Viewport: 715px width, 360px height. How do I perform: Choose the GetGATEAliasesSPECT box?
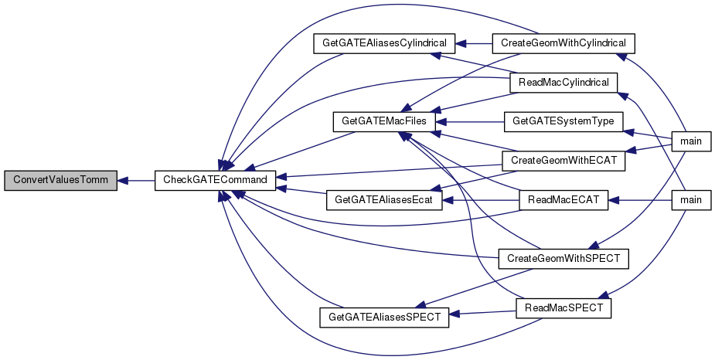[384, 317]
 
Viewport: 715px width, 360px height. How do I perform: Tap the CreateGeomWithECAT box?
[563, 161]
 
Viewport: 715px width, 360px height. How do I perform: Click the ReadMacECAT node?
[563, 200]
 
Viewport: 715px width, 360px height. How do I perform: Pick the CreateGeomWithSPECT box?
[563, 258]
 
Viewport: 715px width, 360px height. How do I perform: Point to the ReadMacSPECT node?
[563, 308]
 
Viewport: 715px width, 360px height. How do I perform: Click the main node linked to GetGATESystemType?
[691, 141]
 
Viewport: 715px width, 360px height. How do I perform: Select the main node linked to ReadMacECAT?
[691, 200]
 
